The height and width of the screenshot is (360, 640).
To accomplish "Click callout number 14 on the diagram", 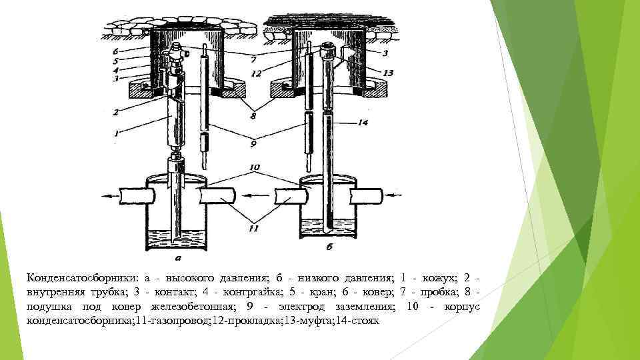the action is (363, 123).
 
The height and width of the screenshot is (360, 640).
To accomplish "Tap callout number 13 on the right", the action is (389, 72).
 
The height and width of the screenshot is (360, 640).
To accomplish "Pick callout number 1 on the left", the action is (116, 133).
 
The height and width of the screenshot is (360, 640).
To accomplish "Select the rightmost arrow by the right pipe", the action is (394, 196).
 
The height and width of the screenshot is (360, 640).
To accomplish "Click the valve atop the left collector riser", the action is (177, 51).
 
